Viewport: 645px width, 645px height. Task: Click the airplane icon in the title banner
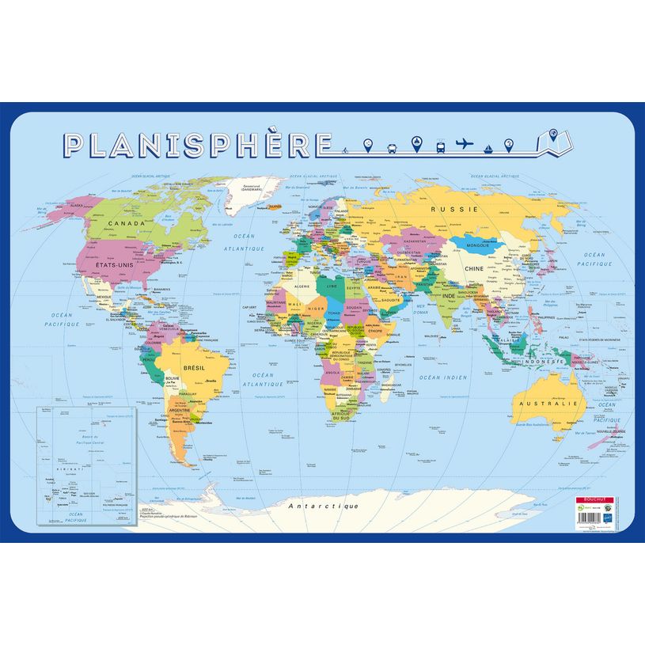(465, 144)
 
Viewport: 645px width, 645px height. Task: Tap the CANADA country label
(109, 224)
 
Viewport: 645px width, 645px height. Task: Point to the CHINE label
(473, 269)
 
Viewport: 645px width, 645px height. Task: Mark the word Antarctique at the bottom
(323, 506)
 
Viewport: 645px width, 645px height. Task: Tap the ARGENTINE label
(179, 412)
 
